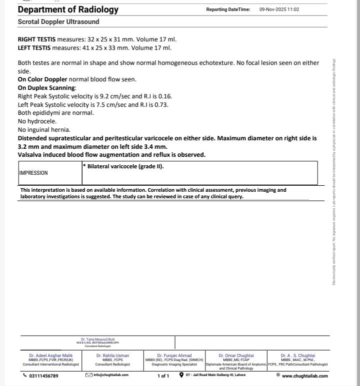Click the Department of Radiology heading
68,9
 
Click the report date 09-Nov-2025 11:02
279,9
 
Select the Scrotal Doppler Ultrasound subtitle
58,22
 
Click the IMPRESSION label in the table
33,173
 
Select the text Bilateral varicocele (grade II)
125,166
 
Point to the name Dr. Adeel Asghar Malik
51,356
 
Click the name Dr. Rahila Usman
112,356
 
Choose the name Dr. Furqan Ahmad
174,356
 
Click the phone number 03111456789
43,376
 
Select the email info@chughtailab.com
110,375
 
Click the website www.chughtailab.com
304,376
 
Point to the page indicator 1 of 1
163,376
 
